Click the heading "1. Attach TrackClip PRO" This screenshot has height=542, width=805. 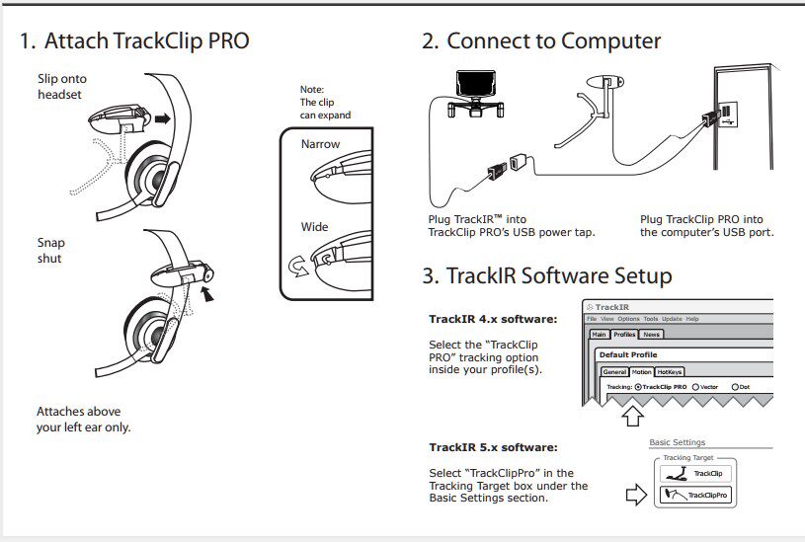[x=133, y=41]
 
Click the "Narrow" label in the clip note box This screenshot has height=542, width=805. [x=320, y=144]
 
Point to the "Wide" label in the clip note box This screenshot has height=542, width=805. [x=314, y=227]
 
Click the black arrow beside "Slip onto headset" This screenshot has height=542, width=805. [x=162, y=118]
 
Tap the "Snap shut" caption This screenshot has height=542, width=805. [x=50, y=251]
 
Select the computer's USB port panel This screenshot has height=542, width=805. [x=725, y=115]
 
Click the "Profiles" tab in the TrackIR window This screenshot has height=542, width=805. [x=624, y=335]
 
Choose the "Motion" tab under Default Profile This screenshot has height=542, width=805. [x=642, y=371]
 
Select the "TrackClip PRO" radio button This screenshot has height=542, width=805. [x=638, y=387]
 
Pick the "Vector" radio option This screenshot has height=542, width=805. [x=696, y=387]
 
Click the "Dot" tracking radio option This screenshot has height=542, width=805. [x=735, y=387]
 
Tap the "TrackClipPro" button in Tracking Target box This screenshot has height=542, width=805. [x=695, y=495]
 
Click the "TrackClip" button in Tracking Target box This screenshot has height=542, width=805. [x=695, y=473]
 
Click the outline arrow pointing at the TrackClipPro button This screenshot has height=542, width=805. [x=637, y=495]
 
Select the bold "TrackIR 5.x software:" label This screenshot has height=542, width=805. [x=493, y=447]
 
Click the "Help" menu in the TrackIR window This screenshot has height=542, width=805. [x=692, y=319]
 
